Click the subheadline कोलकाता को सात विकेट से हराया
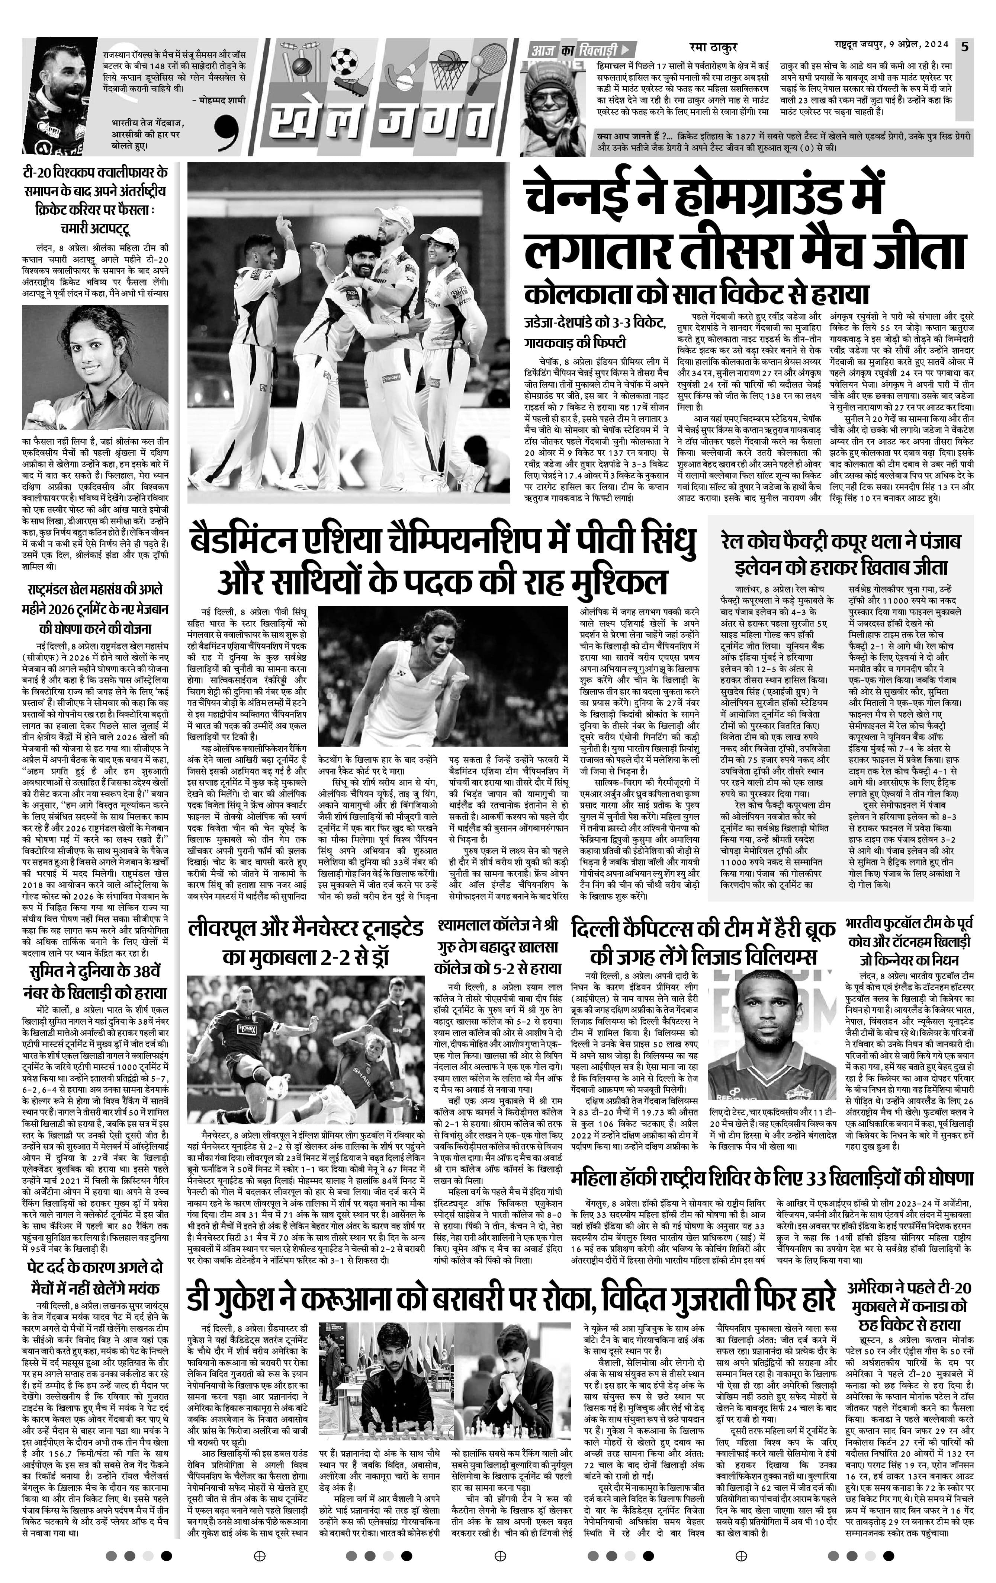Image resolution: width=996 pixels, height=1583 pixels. (696, 293)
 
